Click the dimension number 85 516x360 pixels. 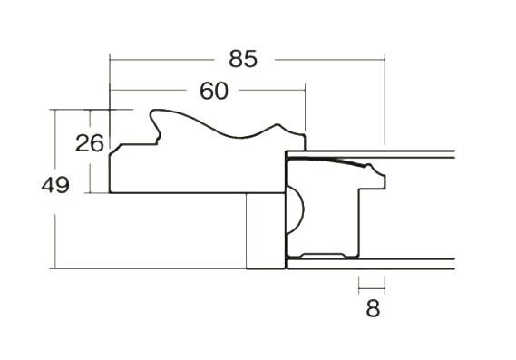(243, 59)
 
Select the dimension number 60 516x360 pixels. (214, 91)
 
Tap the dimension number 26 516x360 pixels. (90, 143)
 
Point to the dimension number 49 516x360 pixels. (55, 185)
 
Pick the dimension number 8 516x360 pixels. (373, 308)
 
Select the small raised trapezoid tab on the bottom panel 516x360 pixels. (323, 256)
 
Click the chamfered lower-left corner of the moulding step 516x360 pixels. (115, 150)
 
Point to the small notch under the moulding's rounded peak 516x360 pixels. (158, 138)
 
